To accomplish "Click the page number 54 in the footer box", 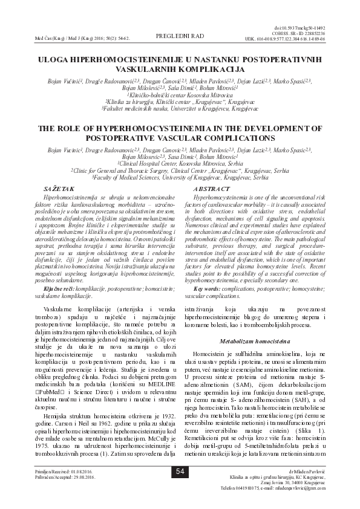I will point(180,488).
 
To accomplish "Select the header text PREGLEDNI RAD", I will point(180,36).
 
